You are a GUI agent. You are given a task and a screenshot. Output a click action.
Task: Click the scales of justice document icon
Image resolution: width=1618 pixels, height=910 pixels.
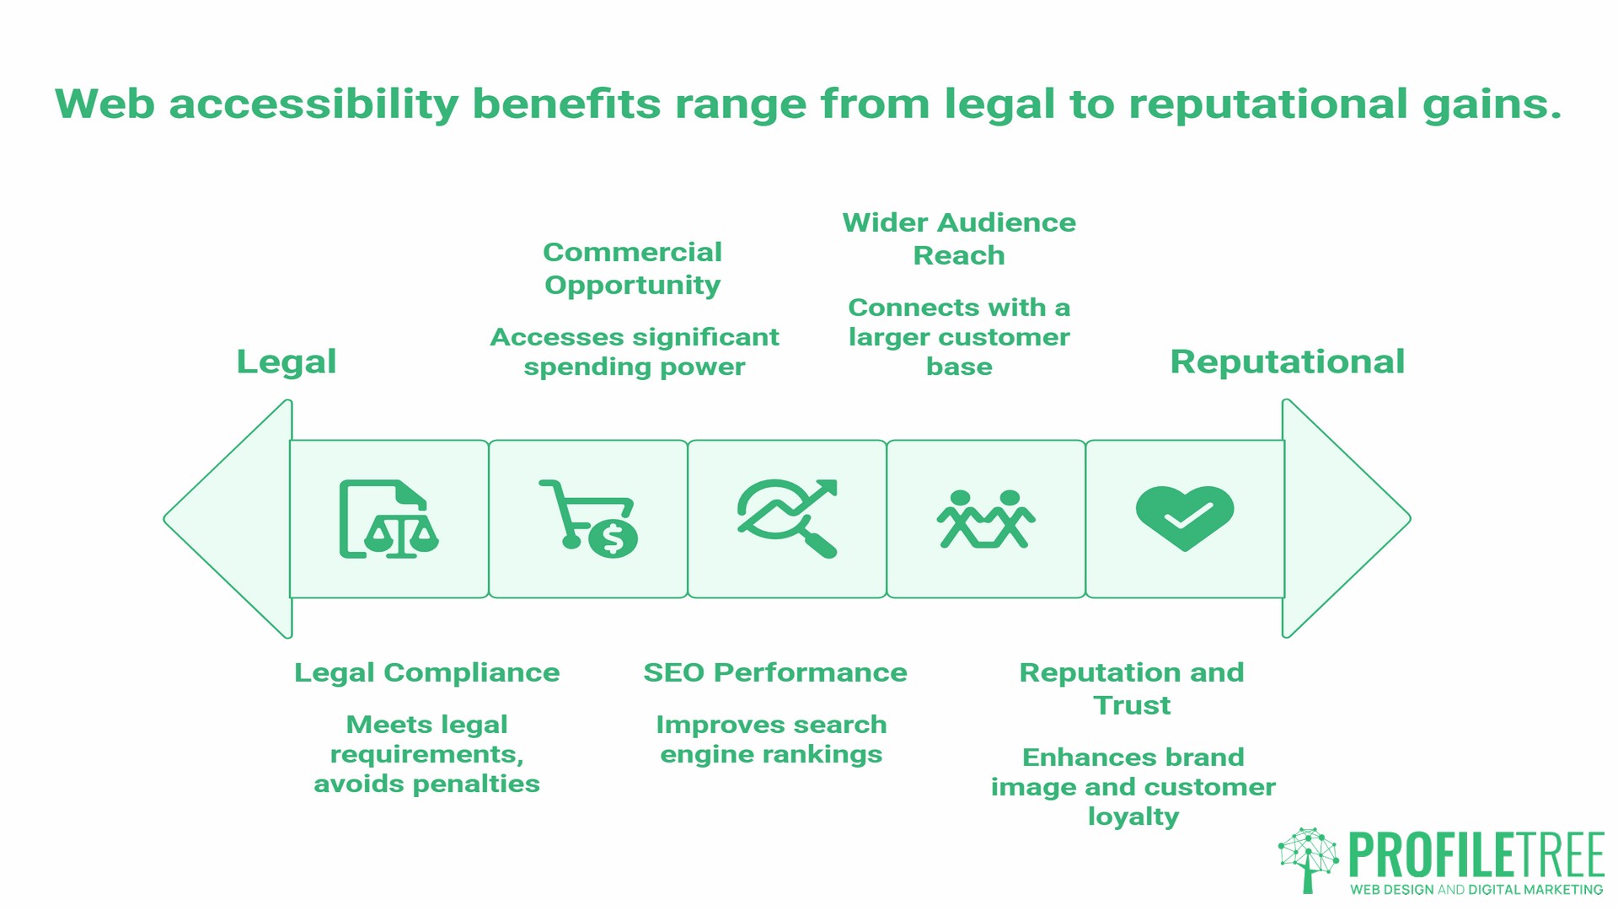[388, 519]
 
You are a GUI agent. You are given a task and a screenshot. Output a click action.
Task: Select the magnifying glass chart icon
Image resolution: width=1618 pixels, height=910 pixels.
[787, 519]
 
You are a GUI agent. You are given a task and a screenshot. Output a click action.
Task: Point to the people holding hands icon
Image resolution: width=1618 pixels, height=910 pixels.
[986, 519]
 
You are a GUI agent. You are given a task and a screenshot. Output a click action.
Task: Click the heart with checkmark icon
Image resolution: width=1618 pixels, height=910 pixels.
[1185, 517]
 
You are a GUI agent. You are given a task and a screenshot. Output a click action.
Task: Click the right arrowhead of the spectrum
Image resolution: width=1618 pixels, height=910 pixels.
[1345, 519]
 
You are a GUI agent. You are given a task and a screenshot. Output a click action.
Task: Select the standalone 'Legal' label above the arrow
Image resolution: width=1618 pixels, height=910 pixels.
[287, 361]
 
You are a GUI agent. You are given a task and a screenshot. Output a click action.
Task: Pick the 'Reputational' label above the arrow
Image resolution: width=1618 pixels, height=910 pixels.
[1287, 361]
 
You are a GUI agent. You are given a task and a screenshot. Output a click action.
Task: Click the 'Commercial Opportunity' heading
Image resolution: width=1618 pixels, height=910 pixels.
[633, 268]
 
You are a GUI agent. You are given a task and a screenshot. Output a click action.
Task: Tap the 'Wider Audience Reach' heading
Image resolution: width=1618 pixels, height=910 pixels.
[959, 238]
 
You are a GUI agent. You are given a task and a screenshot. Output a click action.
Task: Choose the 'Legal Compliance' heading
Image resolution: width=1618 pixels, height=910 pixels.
[426, 672]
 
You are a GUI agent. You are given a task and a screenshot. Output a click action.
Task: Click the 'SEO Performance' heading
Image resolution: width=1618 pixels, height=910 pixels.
[775, 672]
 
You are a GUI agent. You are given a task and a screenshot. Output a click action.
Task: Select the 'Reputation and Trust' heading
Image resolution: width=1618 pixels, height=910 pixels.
[1132, 688]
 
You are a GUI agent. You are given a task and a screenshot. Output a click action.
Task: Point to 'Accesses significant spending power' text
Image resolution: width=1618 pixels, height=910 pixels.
[635, 351]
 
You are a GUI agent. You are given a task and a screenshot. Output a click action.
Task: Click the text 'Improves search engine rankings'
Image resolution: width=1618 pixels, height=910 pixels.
[771, 739]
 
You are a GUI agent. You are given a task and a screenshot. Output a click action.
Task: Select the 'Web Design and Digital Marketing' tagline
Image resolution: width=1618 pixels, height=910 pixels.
[1476, 890]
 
